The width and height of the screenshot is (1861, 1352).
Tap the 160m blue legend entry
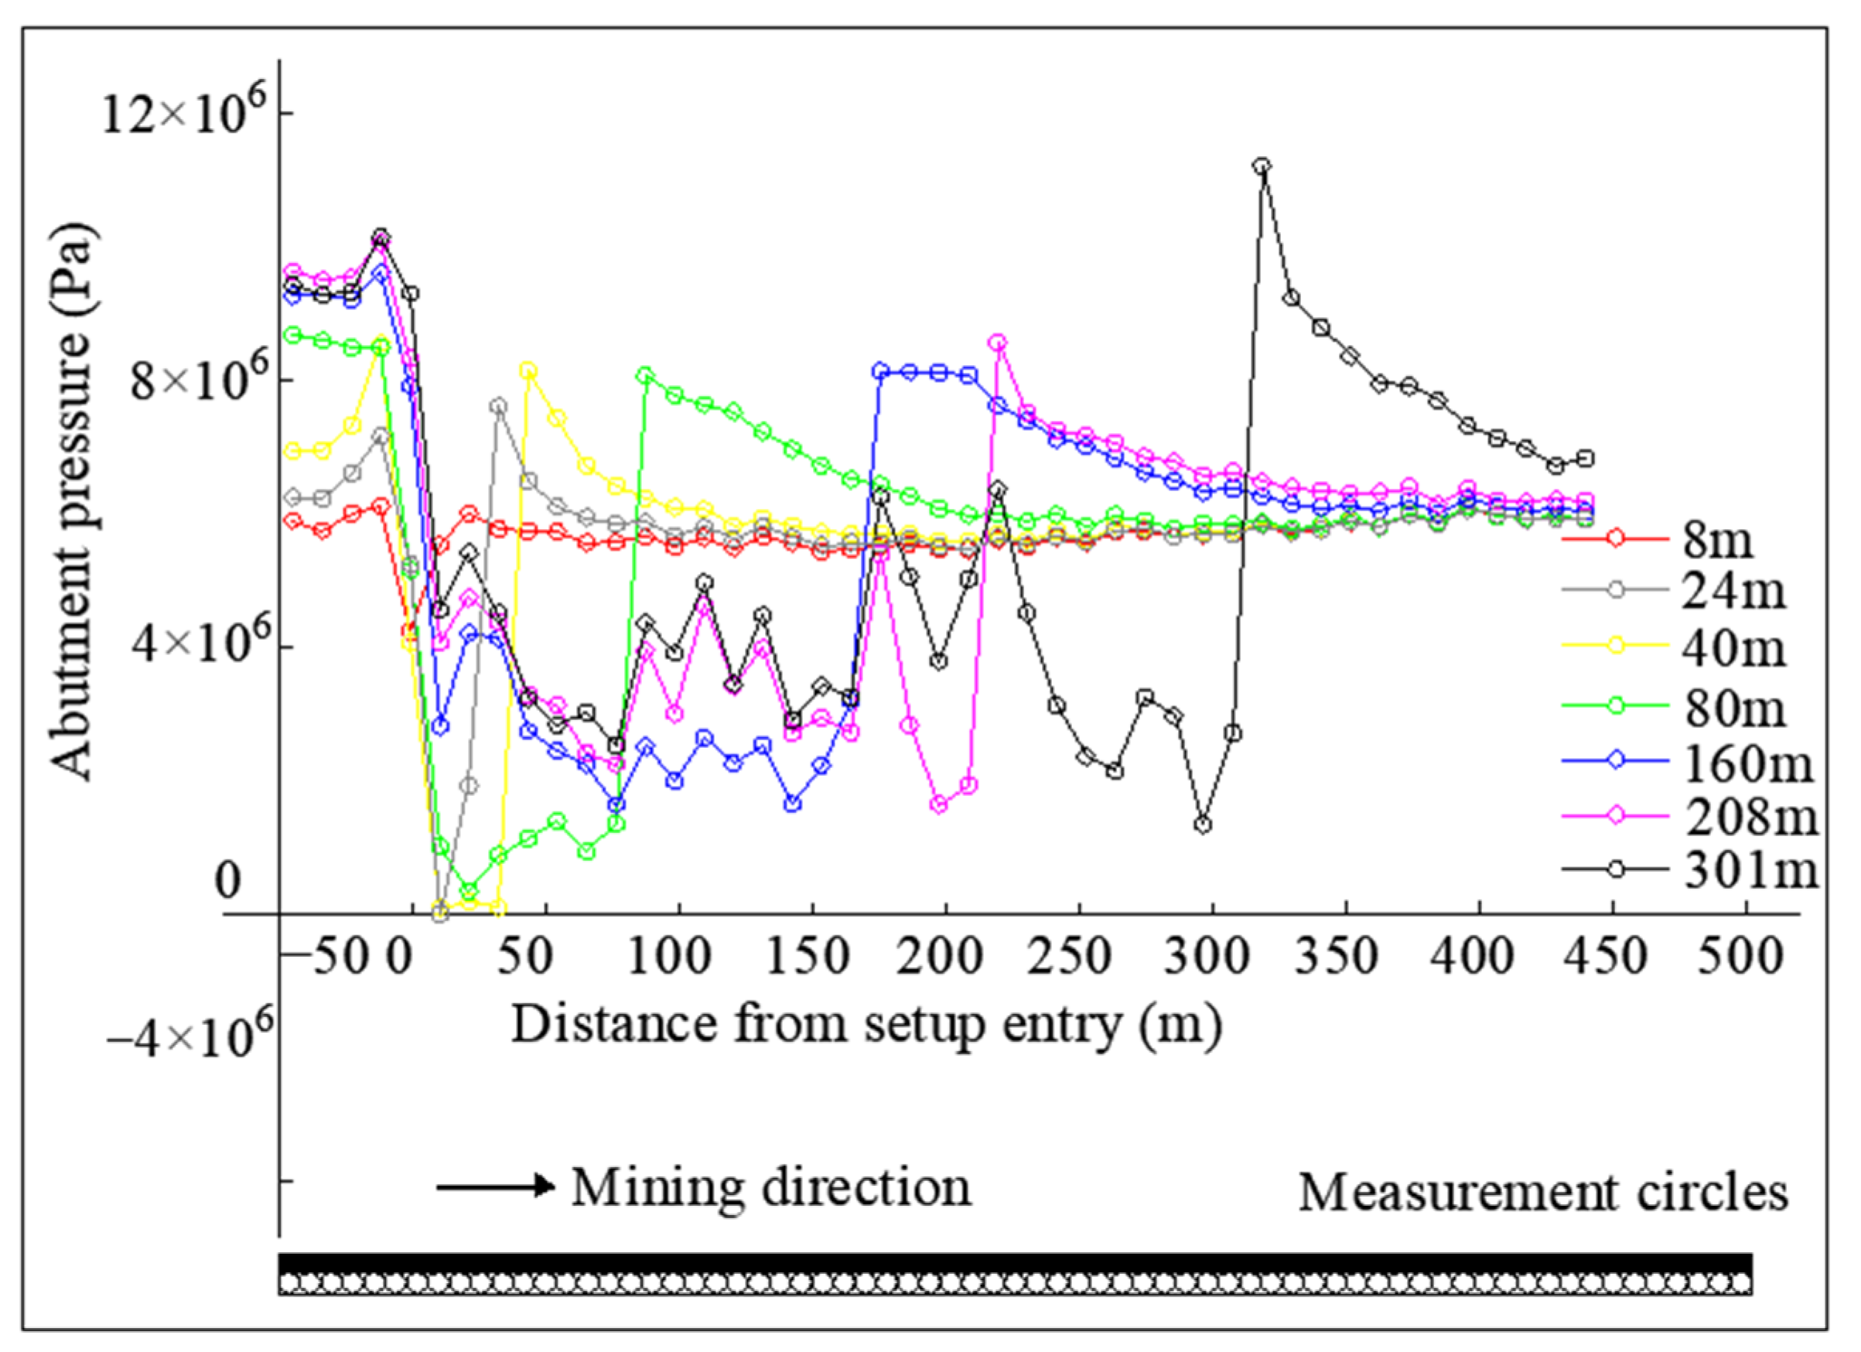click(1690, 763)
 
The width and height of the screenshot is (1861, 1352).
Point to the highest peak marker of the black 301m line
click(1262, 166)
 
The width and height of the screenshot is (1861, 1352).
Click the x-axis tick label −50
click(339, 957)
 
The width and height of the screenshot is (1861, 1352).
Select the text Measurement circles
click(1542, 1192)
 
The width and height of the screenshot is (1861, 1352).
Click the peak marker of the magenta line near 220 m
click(998, 342)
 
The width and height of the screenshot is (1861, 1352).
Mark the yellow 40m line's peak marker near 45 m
click(528, 370)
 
